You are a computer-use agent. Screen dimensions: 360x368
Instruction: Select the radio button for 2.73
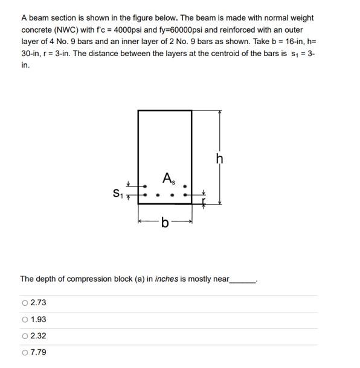[25, 303]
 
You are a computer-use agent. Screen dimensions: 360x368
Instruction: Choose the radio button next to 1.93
[25, 319]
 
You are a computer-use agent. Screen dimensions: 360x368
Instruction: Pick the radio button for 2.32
[25, 336]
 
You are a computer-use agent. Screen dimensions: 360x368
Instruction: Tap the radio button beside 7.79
[25, 352]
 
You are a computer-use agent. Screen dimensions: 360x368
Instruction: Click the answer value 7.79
[38, 352]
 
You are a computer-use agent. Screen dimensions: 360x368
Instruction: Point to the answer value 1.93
[38, 319]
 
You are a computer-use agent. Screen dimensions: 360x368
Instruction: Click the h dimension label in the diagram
[219, 159]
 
